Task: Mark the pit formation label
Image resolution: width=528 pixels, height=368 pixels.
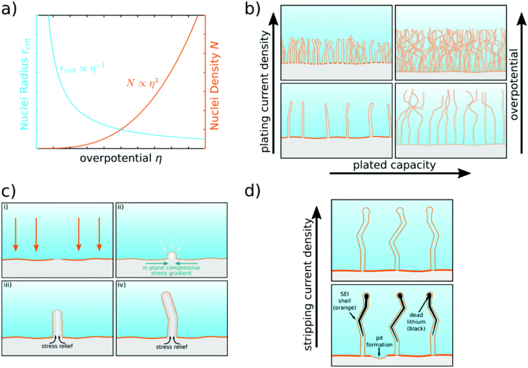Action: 378,341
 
